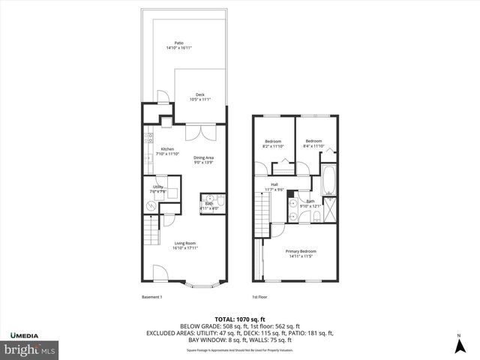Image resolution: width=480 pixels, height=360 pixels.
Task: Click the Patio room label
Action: (178, 45)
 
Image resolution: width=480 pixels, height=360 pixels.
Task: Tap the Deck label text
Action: (199, 96)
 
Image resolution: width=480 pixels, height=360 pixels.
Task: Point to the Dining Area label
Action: (203, 159)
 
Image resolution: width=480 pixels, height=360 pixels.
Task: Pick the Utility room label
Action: (158, 189)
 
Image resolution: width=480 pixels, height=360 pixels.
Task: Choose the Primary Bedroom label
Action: (301, 253)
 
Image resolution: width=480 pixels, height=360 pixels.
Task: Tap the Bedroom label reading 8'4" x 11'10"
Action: (313, 143)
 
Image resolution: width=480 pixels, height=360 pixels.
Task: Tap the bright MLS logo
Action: (30, 349)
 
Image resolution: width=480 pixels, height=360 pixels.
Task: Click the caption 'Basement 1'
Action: (152, 297)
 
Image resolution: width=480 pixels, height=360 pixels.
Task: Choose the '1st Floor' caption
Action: (259, 297)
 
